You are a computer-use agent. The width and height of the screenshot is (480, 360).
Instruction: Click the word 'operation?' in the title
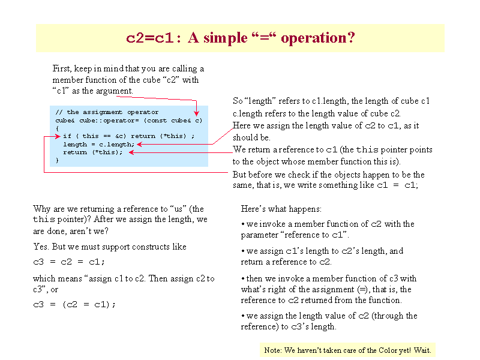[x=318, y=38]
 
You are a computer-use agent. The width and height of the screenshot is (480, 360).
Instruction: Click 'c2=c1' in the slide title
[x=150, y=38]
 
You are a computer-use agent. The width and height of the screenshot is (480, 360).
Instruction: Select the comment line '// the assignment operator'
[x=107, y=112]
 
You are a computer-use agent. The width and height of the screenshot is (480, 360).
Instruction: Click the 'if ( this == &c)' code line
[x=95, y=136]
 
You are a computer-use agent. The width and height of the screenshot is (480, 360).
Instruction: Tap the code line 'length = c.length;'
[x=99, y=145]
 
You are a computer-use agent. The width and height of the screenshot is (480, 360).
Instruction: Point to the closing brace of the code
[x=57, y=160]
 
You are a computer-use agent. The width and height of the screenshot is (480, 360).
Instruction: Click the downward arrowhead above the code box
[x=197, y=113]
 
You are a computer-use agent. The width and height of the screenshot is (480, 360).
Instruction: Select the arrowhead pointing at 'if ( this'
[x=58, y=137]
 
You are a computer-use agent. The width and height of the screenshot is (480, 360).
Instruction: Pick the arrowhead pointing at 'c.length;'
[x=140, y=144]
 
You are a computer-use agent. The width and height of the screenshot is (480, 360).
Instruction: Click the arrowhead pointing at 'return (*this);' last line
[x=131, y=152]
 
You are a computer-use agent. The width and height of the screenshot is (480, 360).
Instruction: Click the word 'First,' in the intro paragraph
[x=62, y=68]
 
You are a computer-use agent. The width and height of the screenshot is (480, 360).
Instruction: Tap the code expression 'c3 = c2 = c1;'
[x=69, y=262]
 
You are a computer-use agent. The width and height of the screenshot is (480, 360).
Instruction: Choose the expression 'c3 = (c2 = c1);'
[x=74, y=305]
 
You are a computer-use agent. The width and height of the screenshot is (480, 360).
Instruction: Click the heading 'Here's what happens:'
[x=281, y=209]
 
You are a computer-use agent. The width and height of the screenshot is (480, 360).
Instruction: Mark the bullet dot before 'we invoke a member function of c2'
[x=243, y=224]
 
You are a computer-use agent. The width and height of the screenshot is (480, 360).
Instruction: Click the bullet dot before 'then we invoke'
[x=243, y=279]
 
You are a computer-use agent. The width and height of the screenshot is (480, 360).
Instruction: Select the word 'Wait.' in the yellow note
[x=422, y=350]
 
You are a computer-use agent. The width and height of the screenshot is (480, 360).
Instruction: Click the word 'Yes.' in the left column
[x=41, y=247]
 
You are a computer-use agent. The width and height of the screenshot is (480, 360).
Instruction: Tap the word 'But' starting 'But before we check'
[x=239, y=175]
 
